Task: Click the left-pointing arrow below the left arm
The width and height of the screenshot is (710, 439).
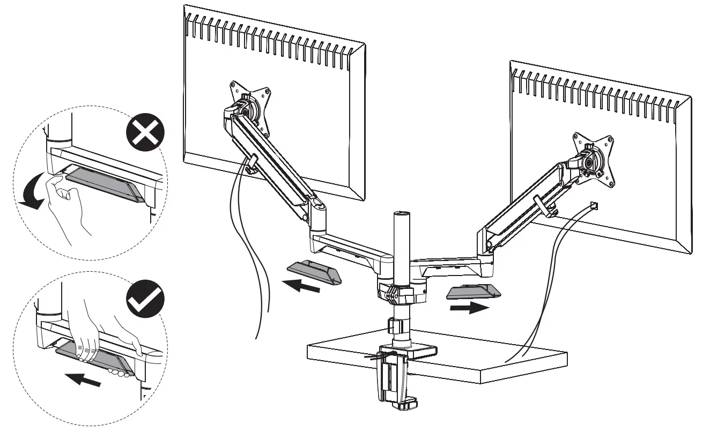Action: coord(302,286)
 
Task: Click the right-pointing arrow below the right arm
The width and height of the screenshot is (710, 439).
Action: coord(470,308)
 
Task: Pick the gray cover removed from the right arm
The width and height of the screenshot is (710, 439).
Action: coord(473,291)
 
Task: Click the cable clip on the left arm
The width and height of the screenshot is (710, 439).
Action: coord(251,163)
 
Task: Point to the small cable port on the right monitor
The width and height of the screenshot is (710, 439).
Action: coord(594,204)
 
